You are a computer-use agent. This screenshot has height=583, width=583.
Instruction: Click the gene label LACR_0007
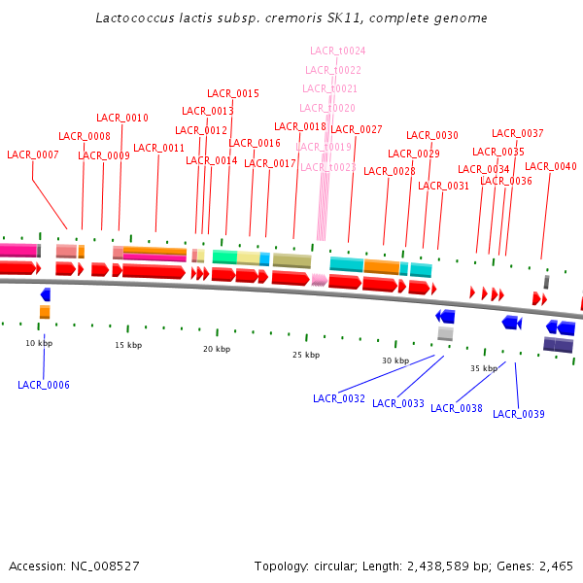[x=33, y=154]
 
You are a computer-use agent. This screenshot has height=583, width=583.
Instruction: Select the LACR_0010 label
[x=122, y=118]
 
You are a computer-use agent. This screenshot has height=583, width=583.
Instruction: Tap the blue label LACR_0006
[x=44, y=385]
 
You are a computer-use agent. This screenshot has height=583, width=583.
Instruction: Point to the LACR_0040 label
[x=551, y=166]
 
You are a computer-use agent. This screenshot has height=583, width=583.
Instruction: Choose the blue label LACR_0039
[x=519, y=414]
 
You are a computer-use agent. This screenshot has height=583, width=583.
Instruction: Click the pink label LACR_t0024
[x=338, y=51]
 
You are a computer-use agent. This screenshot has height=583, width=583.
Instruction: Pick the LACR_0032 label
[x=339, y=398]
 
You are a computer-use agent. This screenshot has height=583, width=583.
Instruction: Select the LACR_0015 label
[x=233, y=93]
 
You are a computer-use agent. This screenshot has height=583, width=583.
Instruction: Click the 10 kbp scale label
[x=39, y=343]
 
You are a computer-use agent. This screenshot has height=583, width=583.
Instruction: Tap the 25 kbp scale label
[x=306, y=355]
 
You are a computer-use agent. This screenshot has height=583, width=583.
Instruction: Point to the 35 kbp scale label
[x=484, y=368]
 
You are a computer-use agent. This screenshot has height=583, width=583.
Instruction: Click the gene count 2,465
[x=554, y=566]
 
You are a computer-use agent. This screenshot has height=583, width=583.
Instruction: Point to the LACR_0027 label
[x=357, y=129]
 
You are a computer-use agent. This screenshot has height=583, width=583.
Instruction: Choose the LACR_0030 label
[x=432, y=135]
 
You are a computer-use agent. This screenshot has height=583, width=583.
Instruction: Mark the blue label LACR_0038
[x=457, y=408]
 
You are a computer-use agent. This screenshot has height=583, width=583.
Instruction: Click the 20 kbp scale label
[x=217, y=349]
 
